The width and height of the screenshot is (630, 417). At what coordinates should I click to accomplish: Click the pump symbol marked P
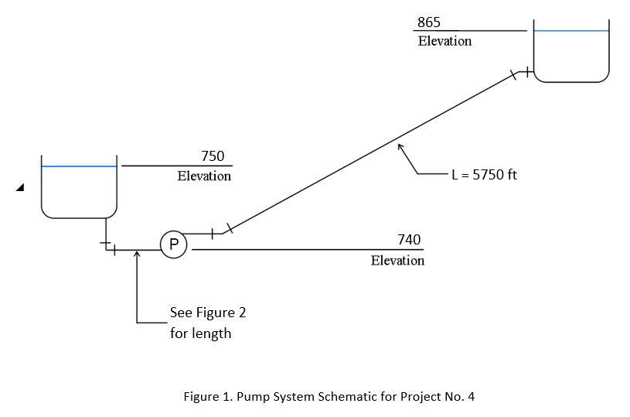coord(174,245)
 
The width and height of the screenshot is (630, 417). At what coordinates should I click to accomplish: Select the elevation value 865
coord(429,22)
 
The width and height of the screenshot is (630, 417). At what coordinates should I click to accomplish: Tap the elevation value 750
coord(212,156)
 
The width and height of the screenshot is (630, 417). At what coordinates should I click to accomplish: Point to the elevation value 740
coord(409,240)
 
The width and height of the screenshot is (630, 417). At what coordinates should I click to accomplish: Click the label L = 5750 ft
coord(484,174)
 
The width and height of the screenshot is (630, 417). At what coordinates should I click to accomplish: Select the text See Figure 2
coord(208,313)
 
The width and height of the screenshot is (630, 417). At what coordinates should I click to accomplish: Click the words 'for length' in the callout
coord(200,333)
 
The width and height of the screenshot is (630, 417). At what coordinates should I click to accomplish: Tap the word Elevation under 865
coord(444,41)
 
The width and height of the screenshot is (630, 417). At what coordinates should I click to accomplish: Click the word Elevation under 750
coord(204,176)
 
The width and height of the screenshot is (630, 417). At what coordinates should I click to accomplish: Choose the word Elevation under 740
coord(397,261)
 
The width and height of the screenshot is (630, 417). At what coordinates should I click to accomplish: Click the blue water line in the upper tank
coord(571,31)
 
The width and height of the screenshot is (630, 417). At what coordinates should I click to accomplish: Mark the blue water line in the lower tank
coord(79,166)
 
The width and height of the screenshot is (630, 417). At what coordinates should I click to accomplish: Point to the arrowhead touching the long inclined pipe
coord(400,146)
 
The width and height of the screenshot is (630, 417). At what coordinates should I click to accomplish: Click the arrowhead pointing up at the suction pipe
coord(137,254)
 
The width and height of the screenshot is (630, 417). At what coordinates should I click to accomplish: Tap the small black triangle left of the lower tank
coord(19,187)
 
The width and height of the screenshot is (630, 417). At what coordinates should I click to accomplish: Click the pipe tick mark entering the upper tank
coord(527,72)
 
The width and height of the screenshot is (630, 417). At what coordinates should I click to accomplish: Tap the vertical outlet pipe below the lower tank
coord(106,231)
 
